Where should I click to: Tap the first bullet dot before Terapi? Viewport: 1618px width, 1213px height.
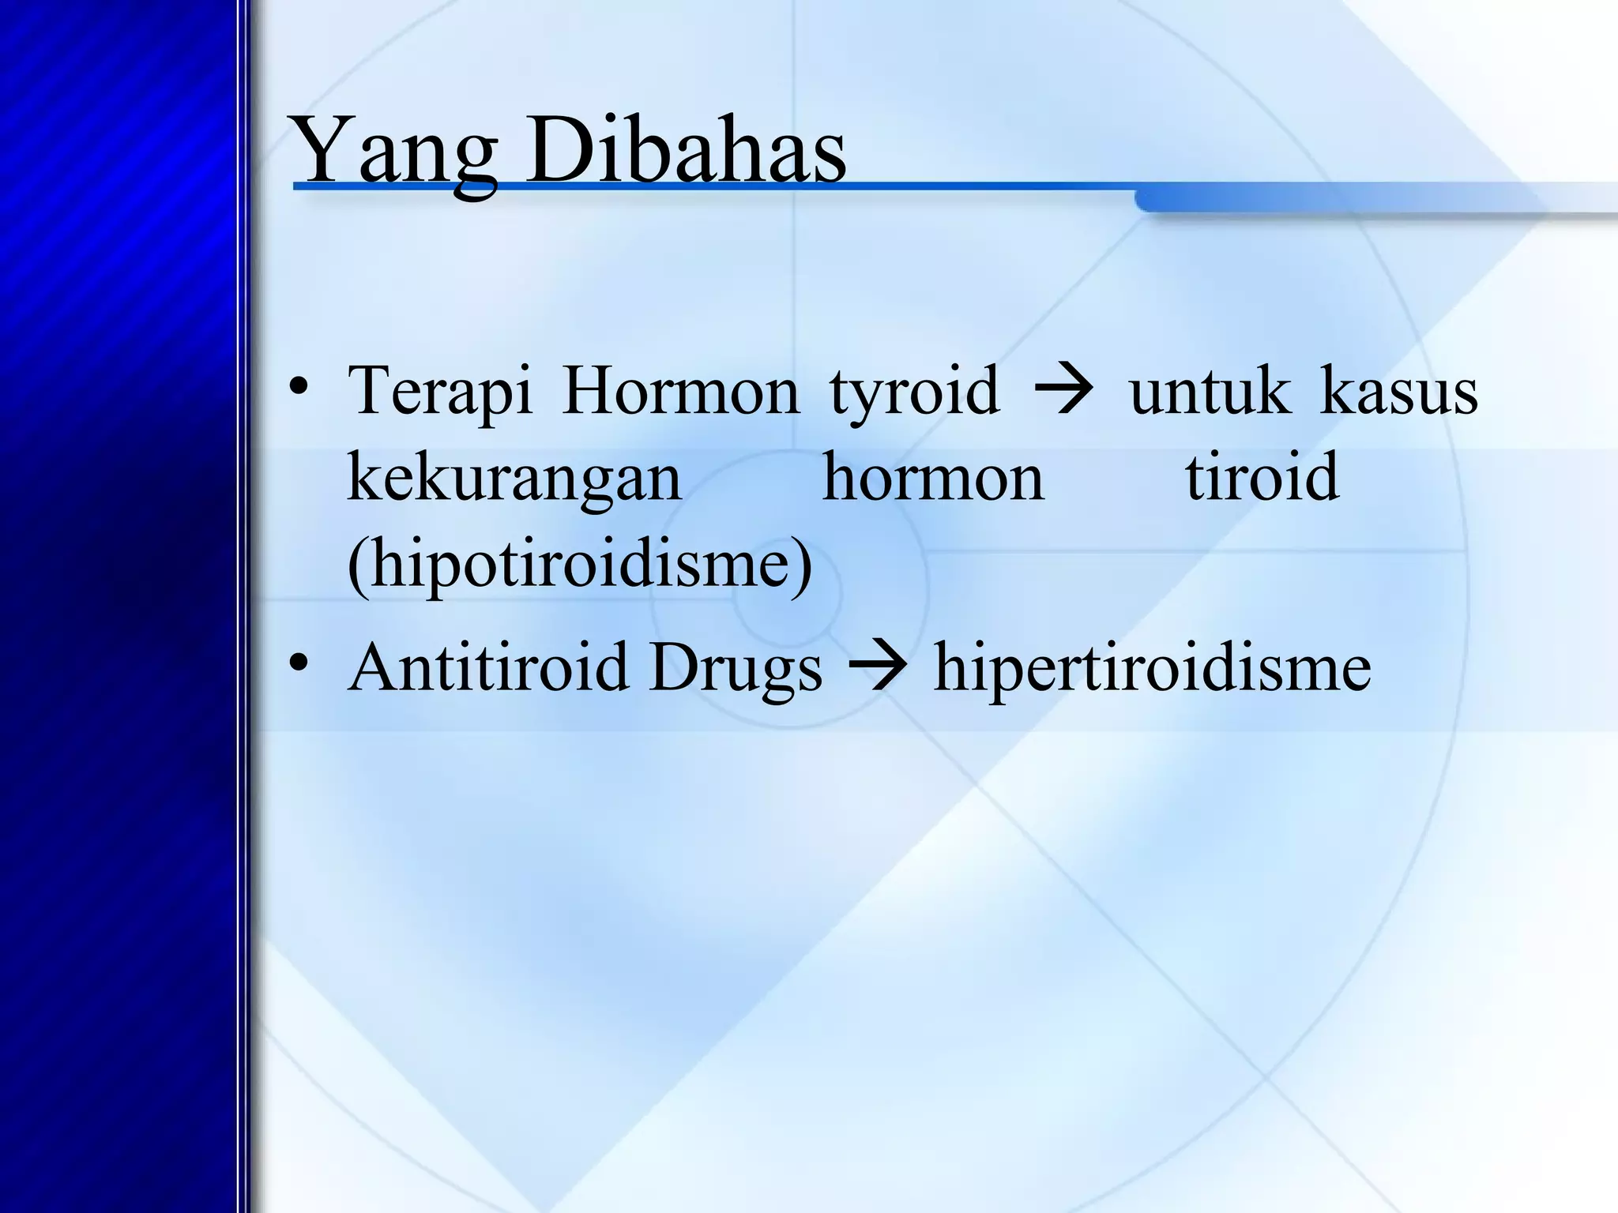pyautogui.click(x=298, y=389)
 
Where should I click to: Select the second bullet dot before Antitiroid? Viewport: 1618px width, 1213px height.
pyautogui.click(x=298, y=666)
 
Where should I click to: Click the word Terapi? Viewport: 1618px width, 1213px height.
pyautogui.click(x=440, y=391)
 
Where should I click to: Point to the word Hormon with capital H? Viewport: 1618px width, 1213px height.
pyautogui.click(x=680, y=391)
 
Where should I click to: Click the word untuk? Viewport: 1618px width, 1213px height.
pyautogui.click(x=1210, y=391)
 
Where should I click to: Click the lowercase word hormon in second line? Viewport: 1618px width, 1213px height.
pyautogui.click(x=933, y=478)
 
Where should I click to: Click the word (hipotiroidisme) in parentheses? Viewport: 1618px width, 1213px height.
pyautogui.click(x=579, y=565)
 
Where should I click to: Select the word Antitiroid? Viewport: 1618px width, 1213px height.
pyautogui.click(x=487, y=667)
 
